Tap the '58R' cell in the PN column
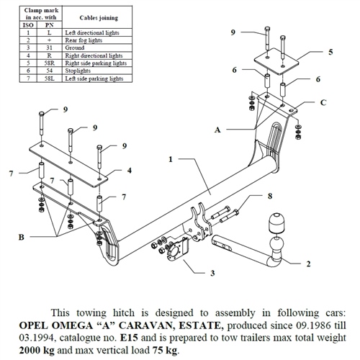(x=50, y=63)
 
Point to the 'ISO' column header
(x=28, y=25)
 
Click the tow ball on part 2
(x=276, y=245)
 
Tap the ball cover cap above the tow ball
(x=276, y=222)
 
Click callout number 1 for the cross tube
(x=171, y=159)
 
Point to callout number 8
(x=270, y=196)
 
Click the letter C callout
(x=323, y=102)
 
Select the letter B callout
(x=22, y=237)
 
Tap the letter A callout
(x=217, y=130)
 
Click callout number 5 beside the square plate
(x=330, y=52)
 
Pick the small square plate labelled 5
(x=276, y=61)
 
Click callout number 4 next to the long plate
(x=130, y=171)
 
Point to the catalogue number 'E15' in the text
(x=129, y=338)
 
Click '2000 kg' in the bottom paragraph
(x=37, y=350)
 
